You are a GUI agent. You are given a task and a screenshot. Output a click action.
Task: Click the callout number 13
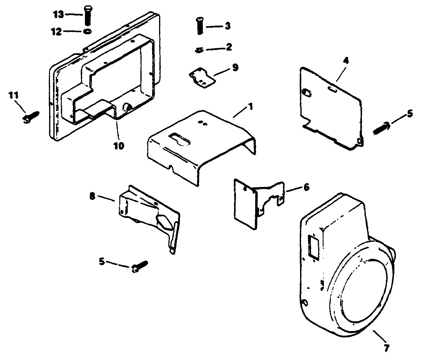[x=59, y=14]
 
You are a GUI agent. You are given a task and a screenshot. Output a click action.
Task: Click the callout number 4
[x=346, y=61]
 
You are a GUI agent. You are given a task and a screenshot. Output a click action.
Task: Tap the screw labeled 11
[x=30, y=117]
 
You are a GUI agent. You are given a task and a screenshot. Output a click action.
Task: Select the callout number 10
[x=118, y=146]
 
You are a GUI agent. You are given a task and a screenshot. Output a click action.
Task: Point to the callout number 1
[x=251, y=107]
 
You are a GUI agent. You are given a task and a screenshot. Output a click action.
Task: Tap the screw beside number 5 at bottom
[x=140, y=266]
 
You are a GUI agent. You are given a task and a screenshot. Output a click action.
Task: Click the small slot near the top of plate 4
[x=333, y=88]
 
